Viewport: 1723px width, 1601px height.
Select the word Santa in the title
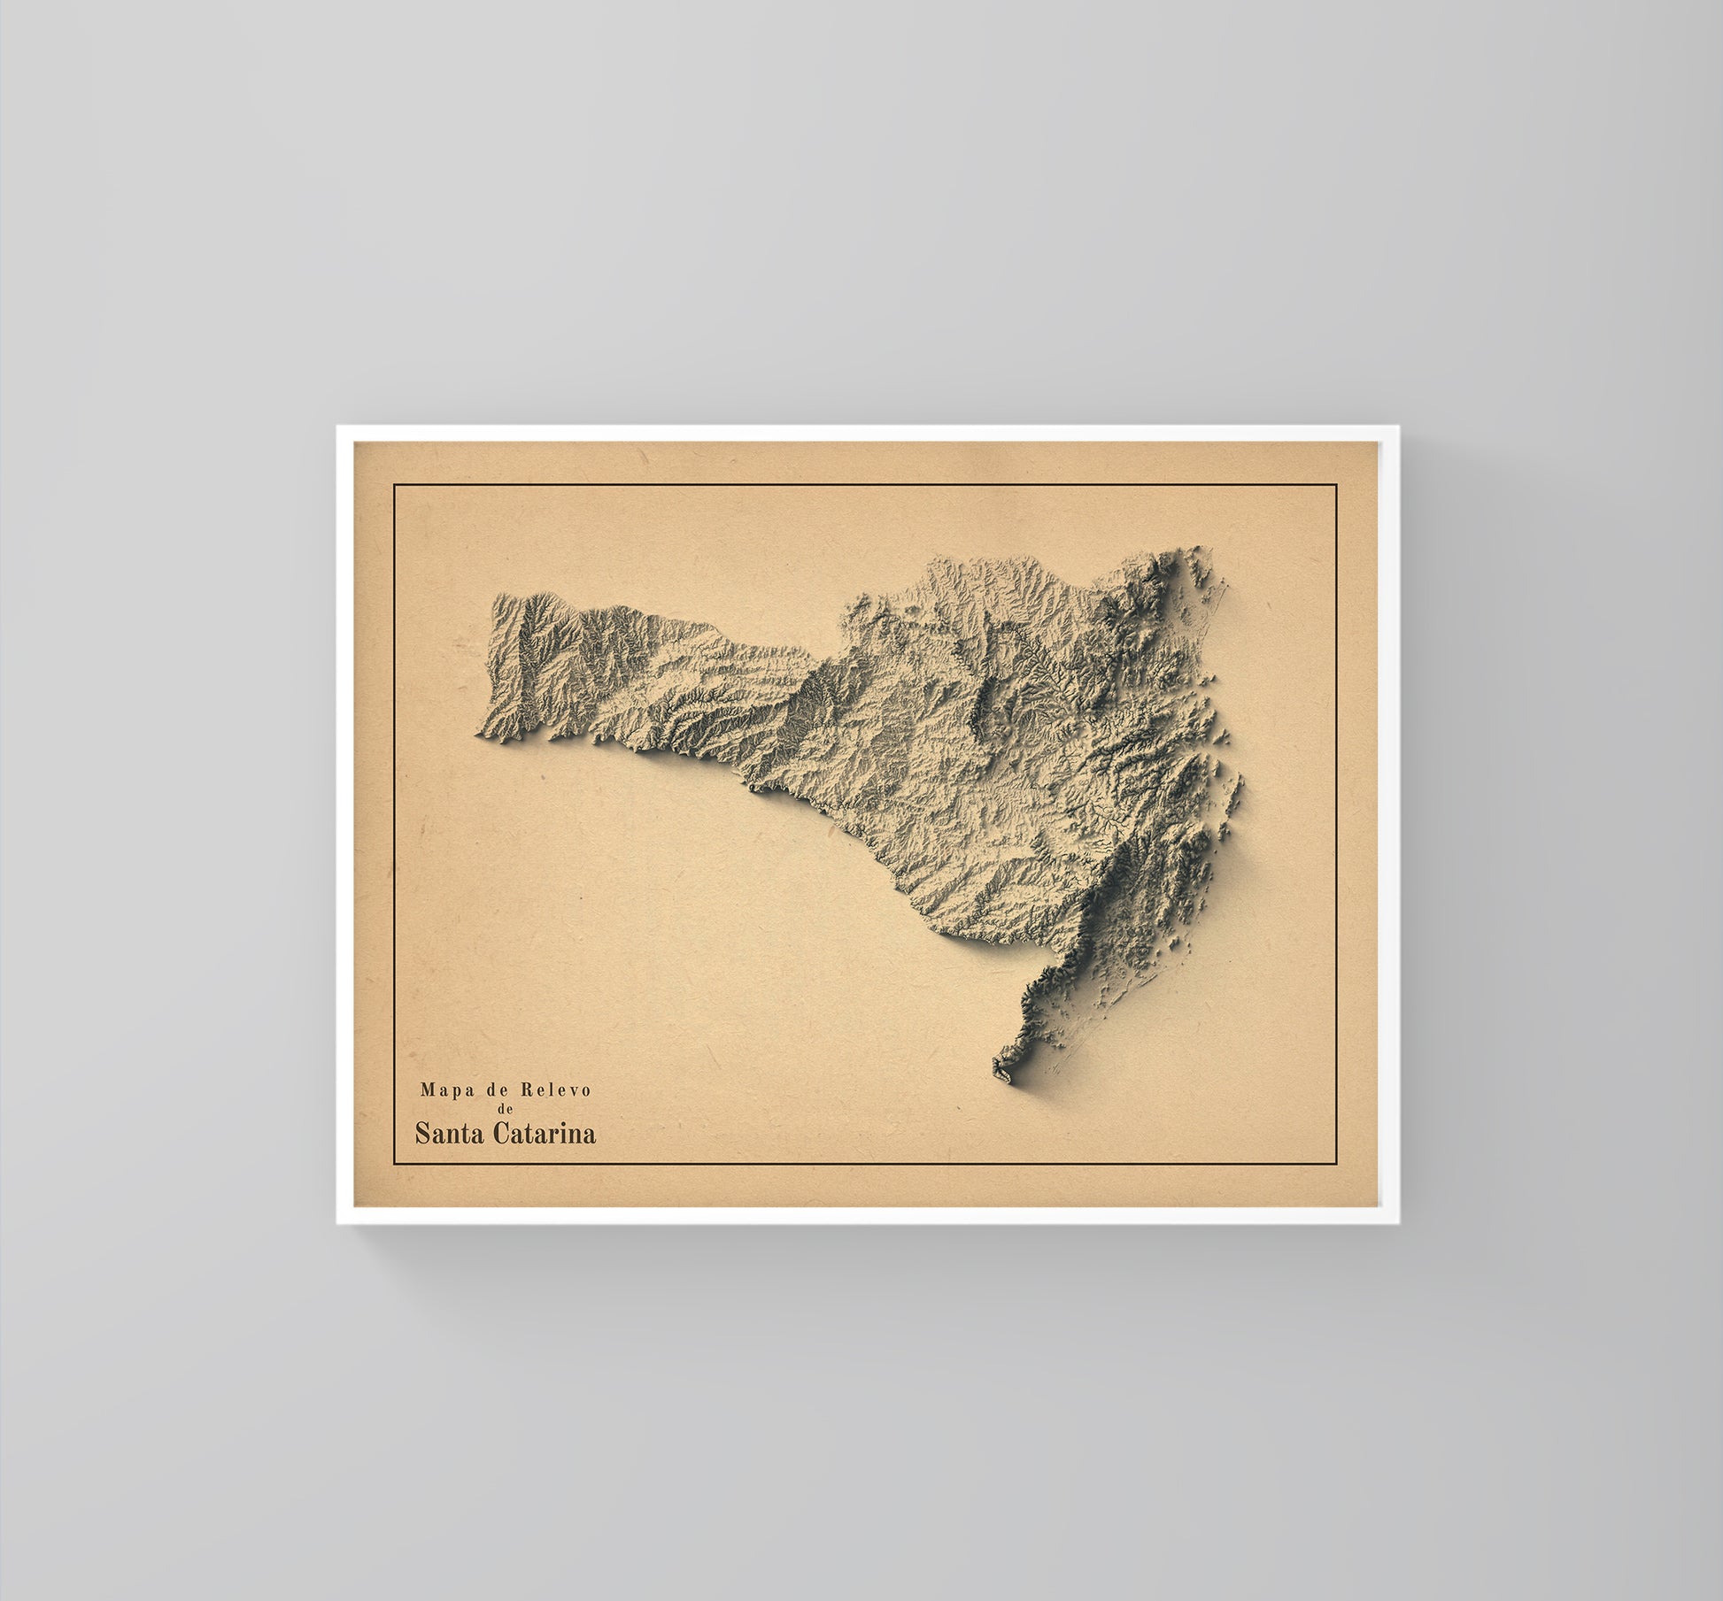(x=449, y=1134)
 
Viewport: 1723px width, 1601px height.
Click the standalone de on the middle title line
(x=505, y=1110)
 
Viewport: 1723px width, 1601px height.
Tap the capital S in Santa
(x=421, y=1134)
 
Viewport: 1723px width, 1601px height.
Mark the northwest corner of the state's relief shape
(x=494, y=598)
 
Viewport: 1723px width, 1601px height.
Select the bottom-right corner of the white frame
(x=1398, y=1223)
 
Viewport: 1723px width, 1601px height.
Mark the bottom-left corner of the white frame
(x=337, y=1223)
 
